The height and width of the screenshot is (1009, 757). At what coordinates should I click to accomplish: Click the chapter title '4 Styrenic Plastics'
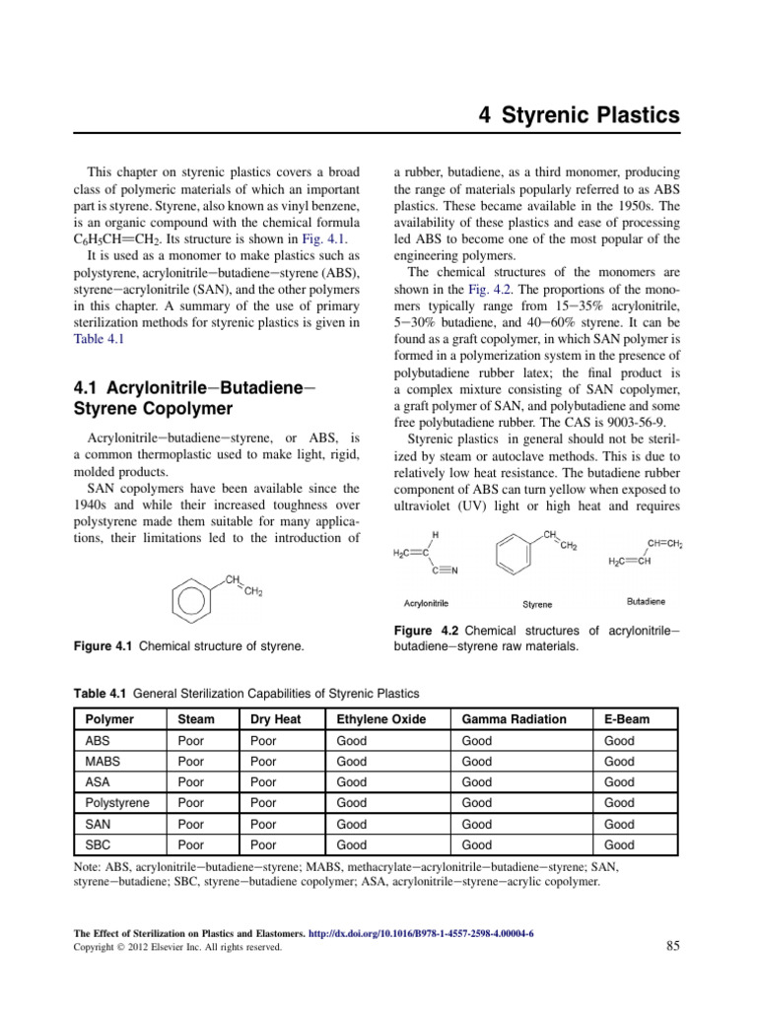(579, 115)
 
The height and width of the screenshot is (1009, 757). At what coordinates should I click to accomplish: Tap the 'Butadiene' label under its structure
(646, 600)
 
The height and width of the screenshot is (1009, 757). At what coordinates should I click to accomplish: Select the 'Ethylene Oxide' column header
(381, 719)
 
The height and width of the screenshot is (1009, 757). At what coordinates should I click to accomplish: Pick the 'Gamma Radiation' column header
(514, 719)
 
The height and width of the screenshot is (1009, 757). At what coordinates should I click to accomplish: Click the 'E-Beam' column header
(627, 719)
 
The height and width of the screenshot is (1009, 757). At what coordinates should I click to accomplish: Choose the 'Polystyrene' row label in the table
(118, 803)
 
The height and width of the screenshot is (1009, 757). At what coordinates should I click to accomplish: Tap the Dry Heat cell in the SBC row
(263, 844)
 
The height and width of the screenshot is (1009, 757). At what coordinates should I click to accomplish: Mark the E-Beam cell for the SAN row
(619, 824)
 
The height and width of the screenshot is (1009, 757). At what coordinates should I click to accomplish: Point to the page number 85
(673, 947)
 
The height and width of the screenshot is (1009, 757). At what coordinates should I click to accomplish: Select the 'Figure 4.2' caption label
(425, 630)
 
